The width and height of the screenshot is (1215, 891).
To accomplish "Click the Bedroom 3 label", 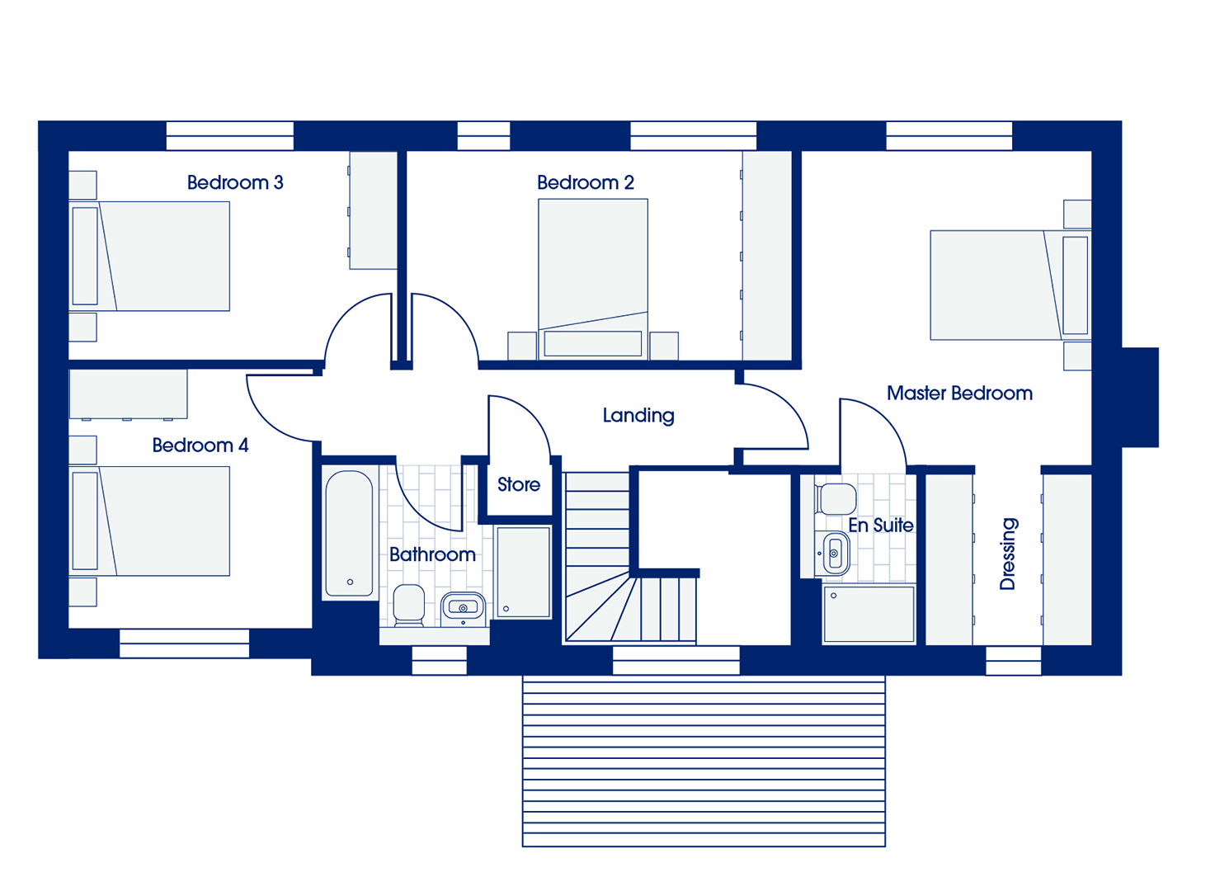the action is coord(235,183).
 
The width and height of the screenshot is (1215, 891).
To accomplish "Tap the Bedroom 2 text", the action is coord(586,183).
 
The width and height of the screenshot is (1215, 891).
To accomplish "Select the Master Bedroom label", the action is coord(959,394).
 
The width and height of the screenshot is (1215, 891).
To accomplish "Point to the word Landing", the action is coord(638,416).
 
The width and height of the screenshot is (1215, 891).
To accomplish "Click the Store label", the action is coord(519,484).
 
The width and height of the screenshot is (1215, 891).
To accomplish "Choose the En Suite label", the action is coord(881,526).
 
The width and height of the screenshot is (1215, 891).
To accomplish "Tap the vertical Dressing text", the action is coord(1008,554).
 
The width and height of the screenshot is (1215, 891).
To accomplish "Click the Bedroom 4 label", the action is coord(200,445).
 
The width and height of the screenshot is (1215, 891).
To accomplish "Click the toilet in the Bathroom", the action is coord(408,604).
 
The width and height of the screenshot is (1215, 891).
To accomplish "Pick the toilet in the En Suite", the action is coord(836,498).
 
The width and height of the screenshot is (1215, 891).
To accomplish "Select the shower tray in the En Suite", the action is coord(869,615).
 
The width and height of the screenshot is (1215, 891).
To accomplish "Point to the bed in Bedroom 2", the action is coord(593,279).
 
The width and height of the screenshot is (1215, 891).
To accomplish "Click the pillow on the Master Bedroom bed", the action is coord(1075,285).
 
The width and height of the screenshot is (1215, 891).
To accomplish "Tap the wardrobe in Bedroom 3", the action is coord(373,210).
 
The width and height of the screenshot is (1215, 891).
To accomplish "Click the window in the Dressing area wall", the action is coord(1013,660).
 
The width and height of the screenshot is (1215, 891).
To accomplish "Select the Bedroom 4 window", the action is coord(185,643).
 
